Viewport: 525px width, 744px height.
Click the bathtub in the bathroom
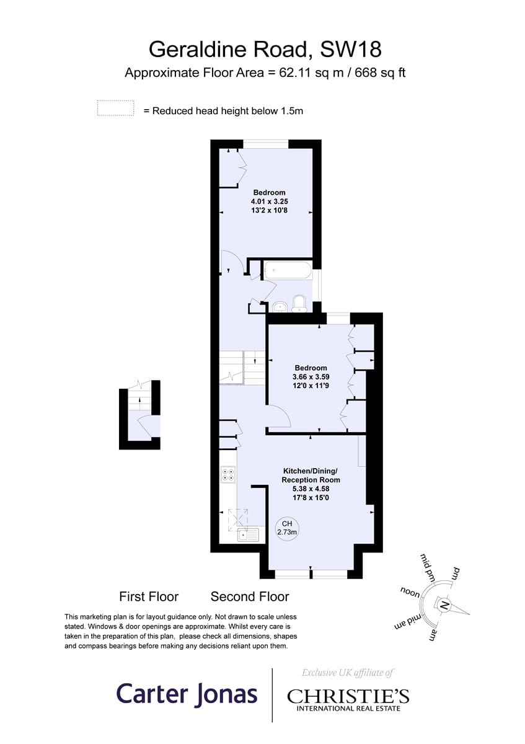point(287,270)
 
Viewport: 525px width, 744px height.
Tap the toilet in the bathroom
point(300,304)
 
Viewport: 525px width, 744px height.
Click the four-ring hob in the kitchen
point(228,474)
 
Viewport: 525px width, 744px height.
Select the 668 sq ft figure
point(380,73)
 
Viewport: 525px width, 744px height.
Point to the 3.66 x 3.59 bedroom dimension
point(311,377)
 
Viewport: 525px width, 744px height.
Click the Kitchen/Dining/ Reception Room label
point(311,475)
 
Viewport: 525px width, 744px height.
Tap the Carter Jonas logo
point(187,693)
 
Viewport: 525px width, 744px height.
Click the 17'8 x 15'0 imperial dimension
point(311,497)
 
